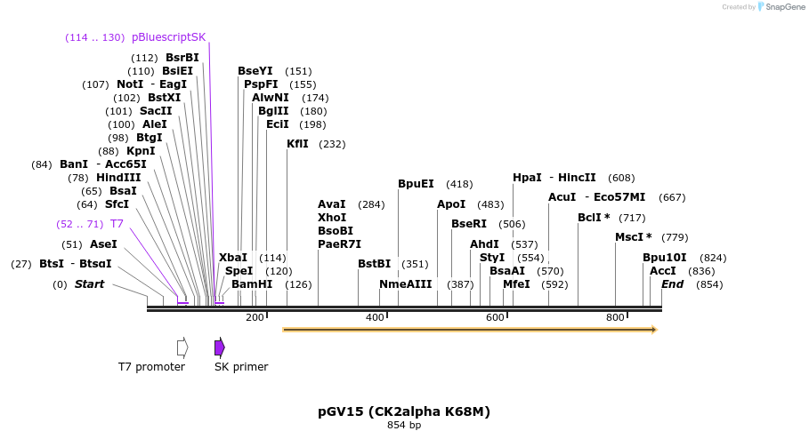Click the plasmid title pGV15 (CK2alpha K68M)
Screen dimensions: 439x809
coord(404,411)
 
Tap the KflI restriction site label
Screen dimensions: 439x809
coord(297,144)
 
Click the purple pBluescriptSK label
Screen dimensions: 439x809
coord(168,37)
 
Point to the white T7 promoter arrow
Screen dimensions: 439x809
coord(182,347)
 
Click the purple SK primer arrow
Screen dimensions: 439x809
coord(220,347)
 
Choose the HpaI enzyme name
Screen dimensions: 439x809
coord(527,178)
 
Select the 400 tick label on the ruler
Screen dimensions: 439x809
coord(375,317)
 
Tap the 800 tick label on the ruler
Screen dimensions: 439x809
coord(615,317)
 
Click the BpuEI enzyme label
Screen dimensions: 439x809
coord(416,184)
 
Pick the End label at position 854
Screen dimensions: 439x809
coord(672,284)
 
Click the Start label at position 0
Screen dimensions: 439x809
coord(89,284)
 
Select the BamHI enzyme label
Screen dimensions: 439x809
coord(252,284)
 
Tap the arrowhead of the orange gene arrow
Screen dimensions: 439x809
coord(653,330)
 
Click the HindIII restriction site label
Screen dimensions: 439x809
coord(118,178)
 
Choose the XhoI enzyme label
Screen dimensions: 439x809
coord(332,218)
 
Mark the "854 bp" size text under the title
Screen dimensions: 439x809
coord(404,425)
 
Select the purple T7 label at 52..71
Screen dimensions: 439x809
coord(117,224)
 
